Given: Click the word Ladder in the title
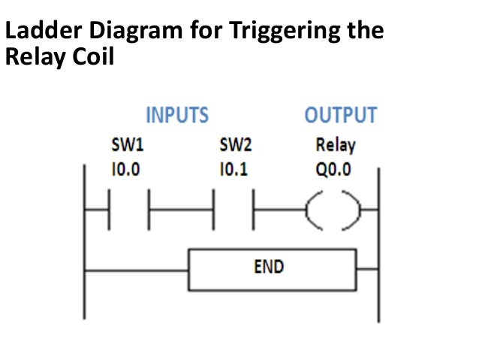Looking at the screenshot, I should pos(38,32).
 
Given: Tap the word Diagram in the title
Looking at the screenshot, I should pos(119,32).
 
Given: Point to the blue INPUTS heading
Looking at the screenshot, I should pos(176,116).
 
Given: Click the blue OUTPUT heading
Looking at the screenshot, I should pos(340,116).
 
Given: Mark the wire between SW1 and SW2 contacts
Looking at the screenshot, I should pos(181,216).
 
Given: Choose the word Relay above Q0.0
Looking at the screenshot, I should pos(336,145).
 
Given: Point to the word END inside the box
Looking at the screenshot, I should pos(267,267).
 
